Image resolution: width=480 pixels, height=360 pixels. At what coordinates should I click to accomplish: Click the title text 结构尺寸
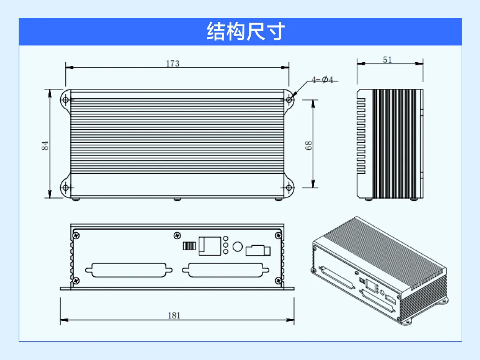pyautogui.click(x=246, y=31)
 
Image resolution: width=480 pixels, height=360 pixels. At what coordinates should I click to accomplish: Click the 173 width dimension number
pyautogui.click(x=172, y=64)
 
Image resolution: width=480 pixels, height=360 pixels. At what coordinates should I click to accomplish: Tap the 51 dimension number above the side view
pyautogui.click(x=387, y=60)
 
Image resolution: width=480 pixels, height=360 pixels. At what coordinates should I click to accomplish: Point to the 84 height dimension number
pyautogui.click(x=45, y=145)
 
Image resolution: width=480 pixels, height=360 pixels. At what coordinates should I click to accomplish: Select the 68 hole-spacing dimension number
pyautogui.click(x=308, y=145)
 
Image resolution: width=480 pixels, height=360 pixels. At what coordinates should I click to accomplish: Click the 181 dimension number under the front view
pyautogui.click(x=174, y=315)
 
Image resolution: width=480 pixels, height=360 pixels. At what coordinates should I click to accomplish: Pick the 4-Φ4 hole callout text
pyautogui.click(x=322, y=80)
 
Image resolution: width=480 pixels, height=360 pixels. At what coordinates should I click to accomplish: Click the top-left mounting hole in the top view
pyautogui.click(x=65, y=100)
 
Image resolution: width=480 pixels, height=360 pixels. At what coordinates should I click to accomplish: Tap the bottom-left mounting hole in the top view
pyautogui.click(x=65, y=188)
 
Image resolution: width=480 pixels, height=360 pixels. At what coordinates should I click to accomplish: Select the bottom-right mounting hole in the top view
pyautogui.click(x=289, y=188)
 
